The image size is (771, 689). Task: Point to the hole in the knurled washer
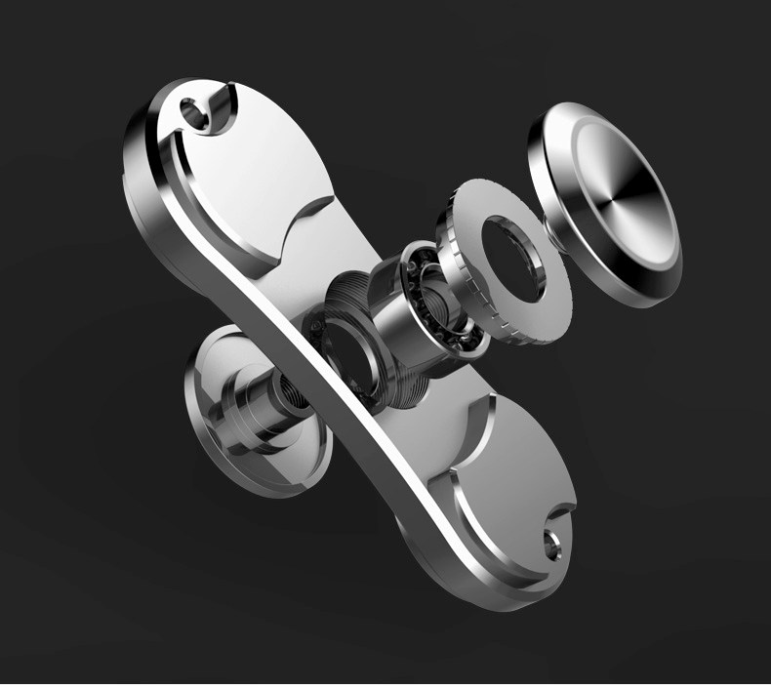pyautogui.click(x=510, y=255)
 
